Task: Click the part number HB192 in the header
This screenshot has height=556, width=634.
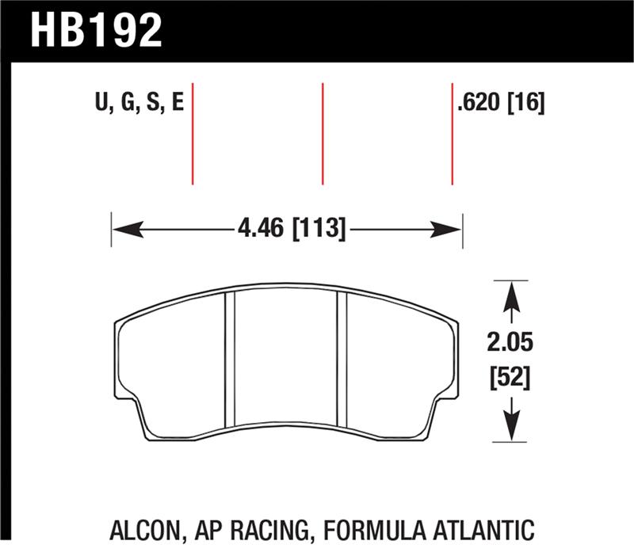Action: [96, 30]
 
